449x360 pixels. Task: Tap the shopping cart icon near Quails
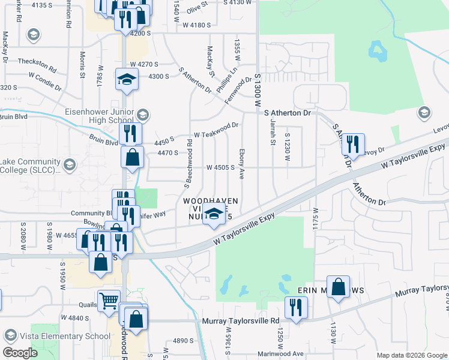(109, 301)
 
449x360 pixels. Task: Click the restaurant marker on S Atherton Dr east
(353, 144)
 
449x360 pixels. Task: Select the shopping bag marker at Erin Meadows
(339, 287)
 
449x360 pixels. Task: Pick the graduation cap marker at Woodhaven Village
(214, 215)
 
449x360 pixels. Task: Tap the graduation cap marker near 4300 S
(127, 80)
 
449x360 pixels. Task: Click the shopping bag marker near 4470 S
(132, 158)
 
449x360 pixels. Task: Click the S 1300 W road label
(259, 90)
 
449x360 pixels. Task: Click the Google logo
(20, 353)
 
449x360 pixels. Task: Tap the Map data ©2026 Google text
(411, 355)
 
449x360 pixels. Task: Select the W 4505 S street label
(220, 167)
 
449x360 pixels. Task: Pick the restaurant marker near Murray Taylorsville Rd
(295, 308)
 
